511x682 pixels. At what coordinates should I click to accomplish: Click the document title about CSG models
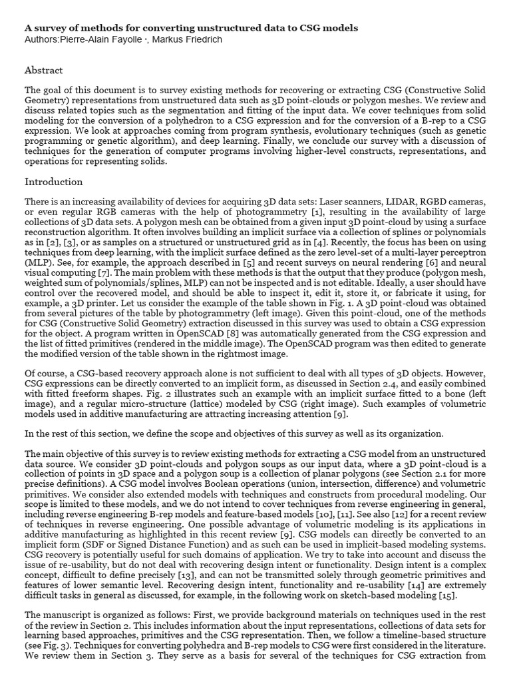click(191, 28)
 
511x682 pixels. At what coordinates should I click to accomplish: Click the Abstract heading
click(43, 70)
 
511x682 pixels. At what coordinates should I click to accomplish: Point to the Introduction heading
click(53, 182)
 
